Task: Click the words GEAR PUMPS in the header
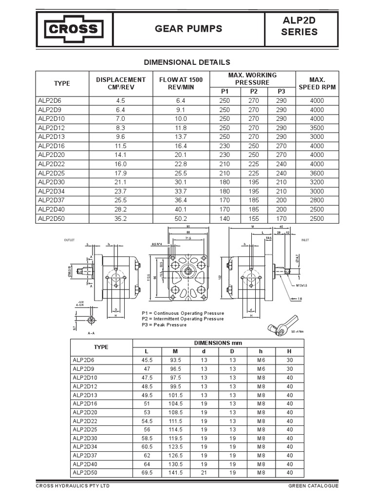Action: (188, 29)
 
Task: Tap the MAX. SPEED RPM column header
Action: (317, 83)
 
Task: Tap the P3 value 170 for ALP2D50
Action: (281, 219)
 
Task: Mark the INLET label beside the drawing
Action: (305, 240)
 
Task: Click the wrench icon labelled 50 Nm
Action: (284, 326)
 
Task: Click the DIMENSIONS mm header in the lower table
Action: (218, 343)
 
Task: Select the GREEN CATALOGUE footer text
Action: (313, 486)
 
